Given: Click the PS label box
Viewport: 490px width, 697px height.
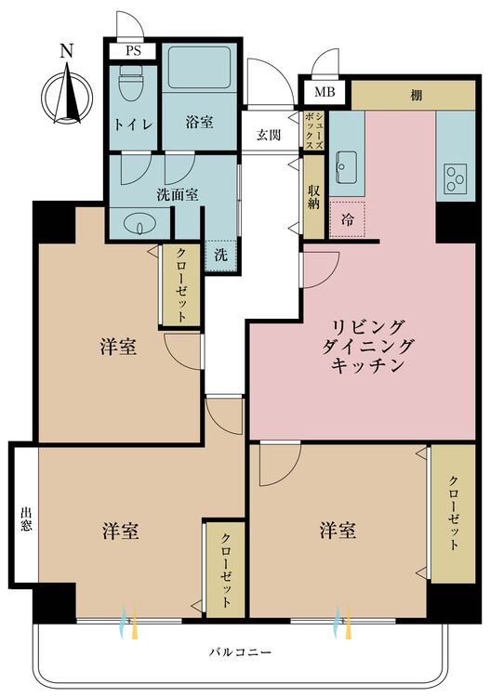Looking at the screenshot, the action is (133, 51).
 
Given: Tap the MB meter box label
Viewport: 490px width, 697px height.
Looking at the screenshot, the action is (324, 92).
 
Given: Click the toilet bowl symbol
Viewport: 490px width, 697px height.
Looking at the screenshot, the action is (131, 85).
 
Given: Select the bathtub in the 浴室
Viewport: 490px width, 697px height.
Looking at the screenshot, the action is (199, 68).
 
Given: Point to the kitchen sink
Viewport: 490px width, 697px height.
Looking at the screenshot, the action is (346, 166).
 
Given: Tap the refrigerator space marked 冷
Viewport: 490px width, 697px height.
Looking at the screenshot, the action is (347, 219).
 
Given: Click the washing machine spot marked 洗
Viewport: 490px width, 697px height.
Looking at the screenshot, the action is (221, 256).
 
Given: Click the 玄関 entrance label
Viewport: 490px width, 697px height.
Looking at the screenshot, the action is (269, 135).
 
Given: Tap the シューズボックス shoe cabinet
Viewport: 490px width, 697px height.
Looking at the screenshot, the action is (314, 130).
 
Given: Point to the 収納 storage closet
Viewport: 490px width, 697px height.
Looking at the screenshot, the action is (314, 196).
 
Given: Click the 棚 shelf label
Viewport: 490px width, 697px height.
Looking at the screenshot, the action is (417, 95).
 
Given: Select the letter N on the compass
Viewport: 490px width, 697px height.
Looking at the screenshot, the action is (66, 51).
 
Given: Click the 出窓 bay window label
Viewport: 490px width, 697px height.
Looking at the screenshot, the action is (26, 520).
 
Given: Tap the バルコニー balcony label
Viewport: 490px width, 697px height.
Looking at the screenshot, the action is (240, 652).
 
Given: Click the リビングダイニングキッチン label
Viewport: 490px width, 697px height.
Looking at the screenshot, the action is (367, 347).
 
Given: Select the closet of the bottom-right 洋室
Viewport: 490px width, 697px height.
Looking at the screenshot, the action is (454, 513).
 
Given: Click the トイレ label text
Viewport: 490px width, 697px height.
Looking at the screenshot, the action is (134, 124).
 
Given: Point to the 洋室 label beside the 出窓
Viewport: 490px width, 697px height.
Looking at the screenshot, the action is (121, 531).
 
